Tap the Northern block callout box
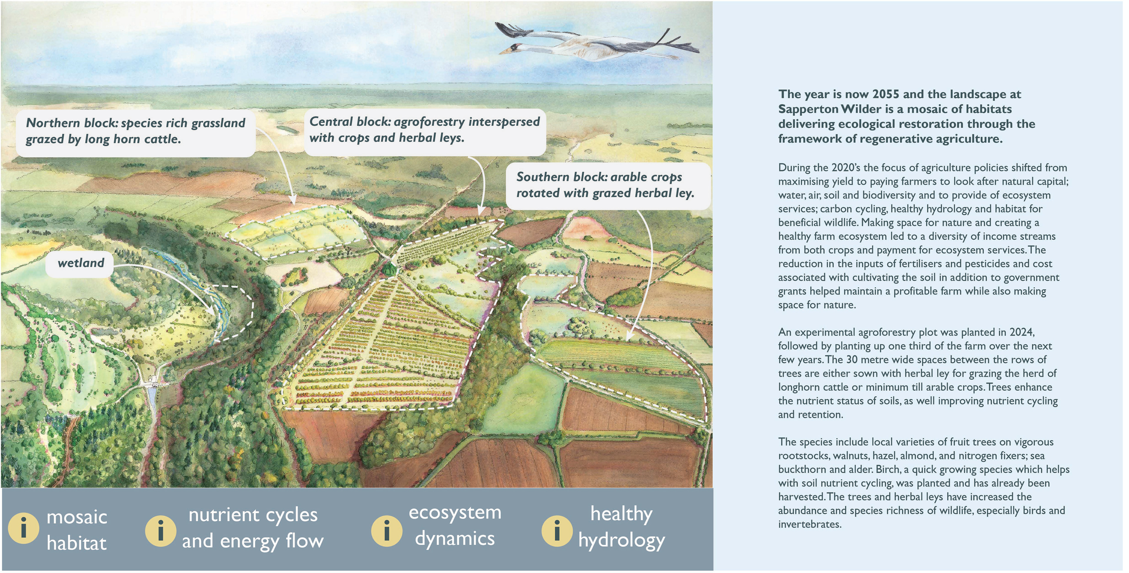(136, 131)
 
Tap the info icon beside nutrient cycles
(161, 530)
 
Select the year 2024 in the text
(1022, 332)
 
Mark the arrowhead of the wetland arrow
(213, 313)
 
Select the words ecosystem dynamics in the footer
(455, 526)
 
